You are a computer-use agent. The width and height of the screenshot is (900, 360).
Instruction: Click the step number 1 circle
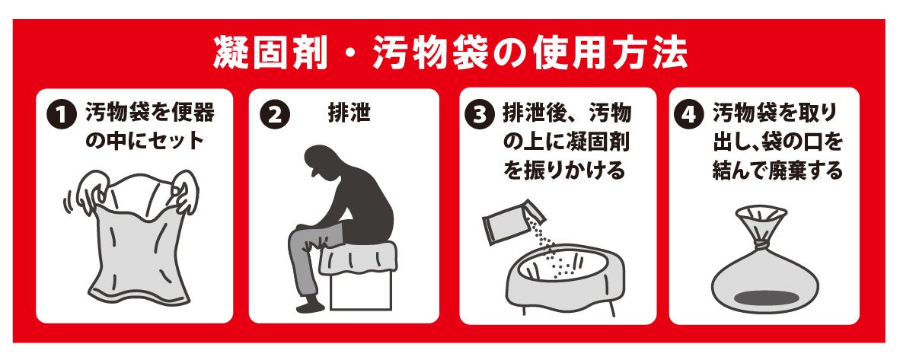(62, 116)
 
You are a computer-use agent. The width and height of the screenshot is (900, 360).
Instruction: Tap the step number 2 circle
(275, 116)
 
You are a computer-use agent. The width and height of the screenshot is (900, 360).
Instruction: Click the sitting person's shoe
(311, 304)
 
